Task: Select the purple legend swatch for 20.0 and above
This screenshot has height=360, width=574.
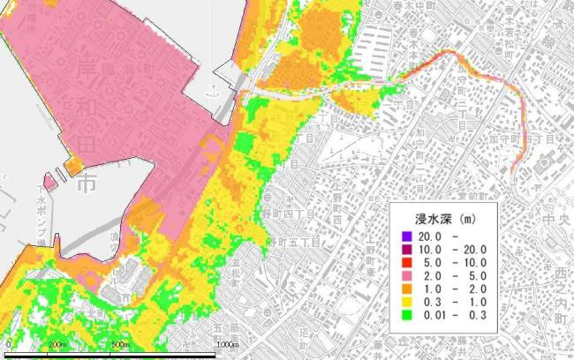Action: pyautogui.click(x=405, y=236)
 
